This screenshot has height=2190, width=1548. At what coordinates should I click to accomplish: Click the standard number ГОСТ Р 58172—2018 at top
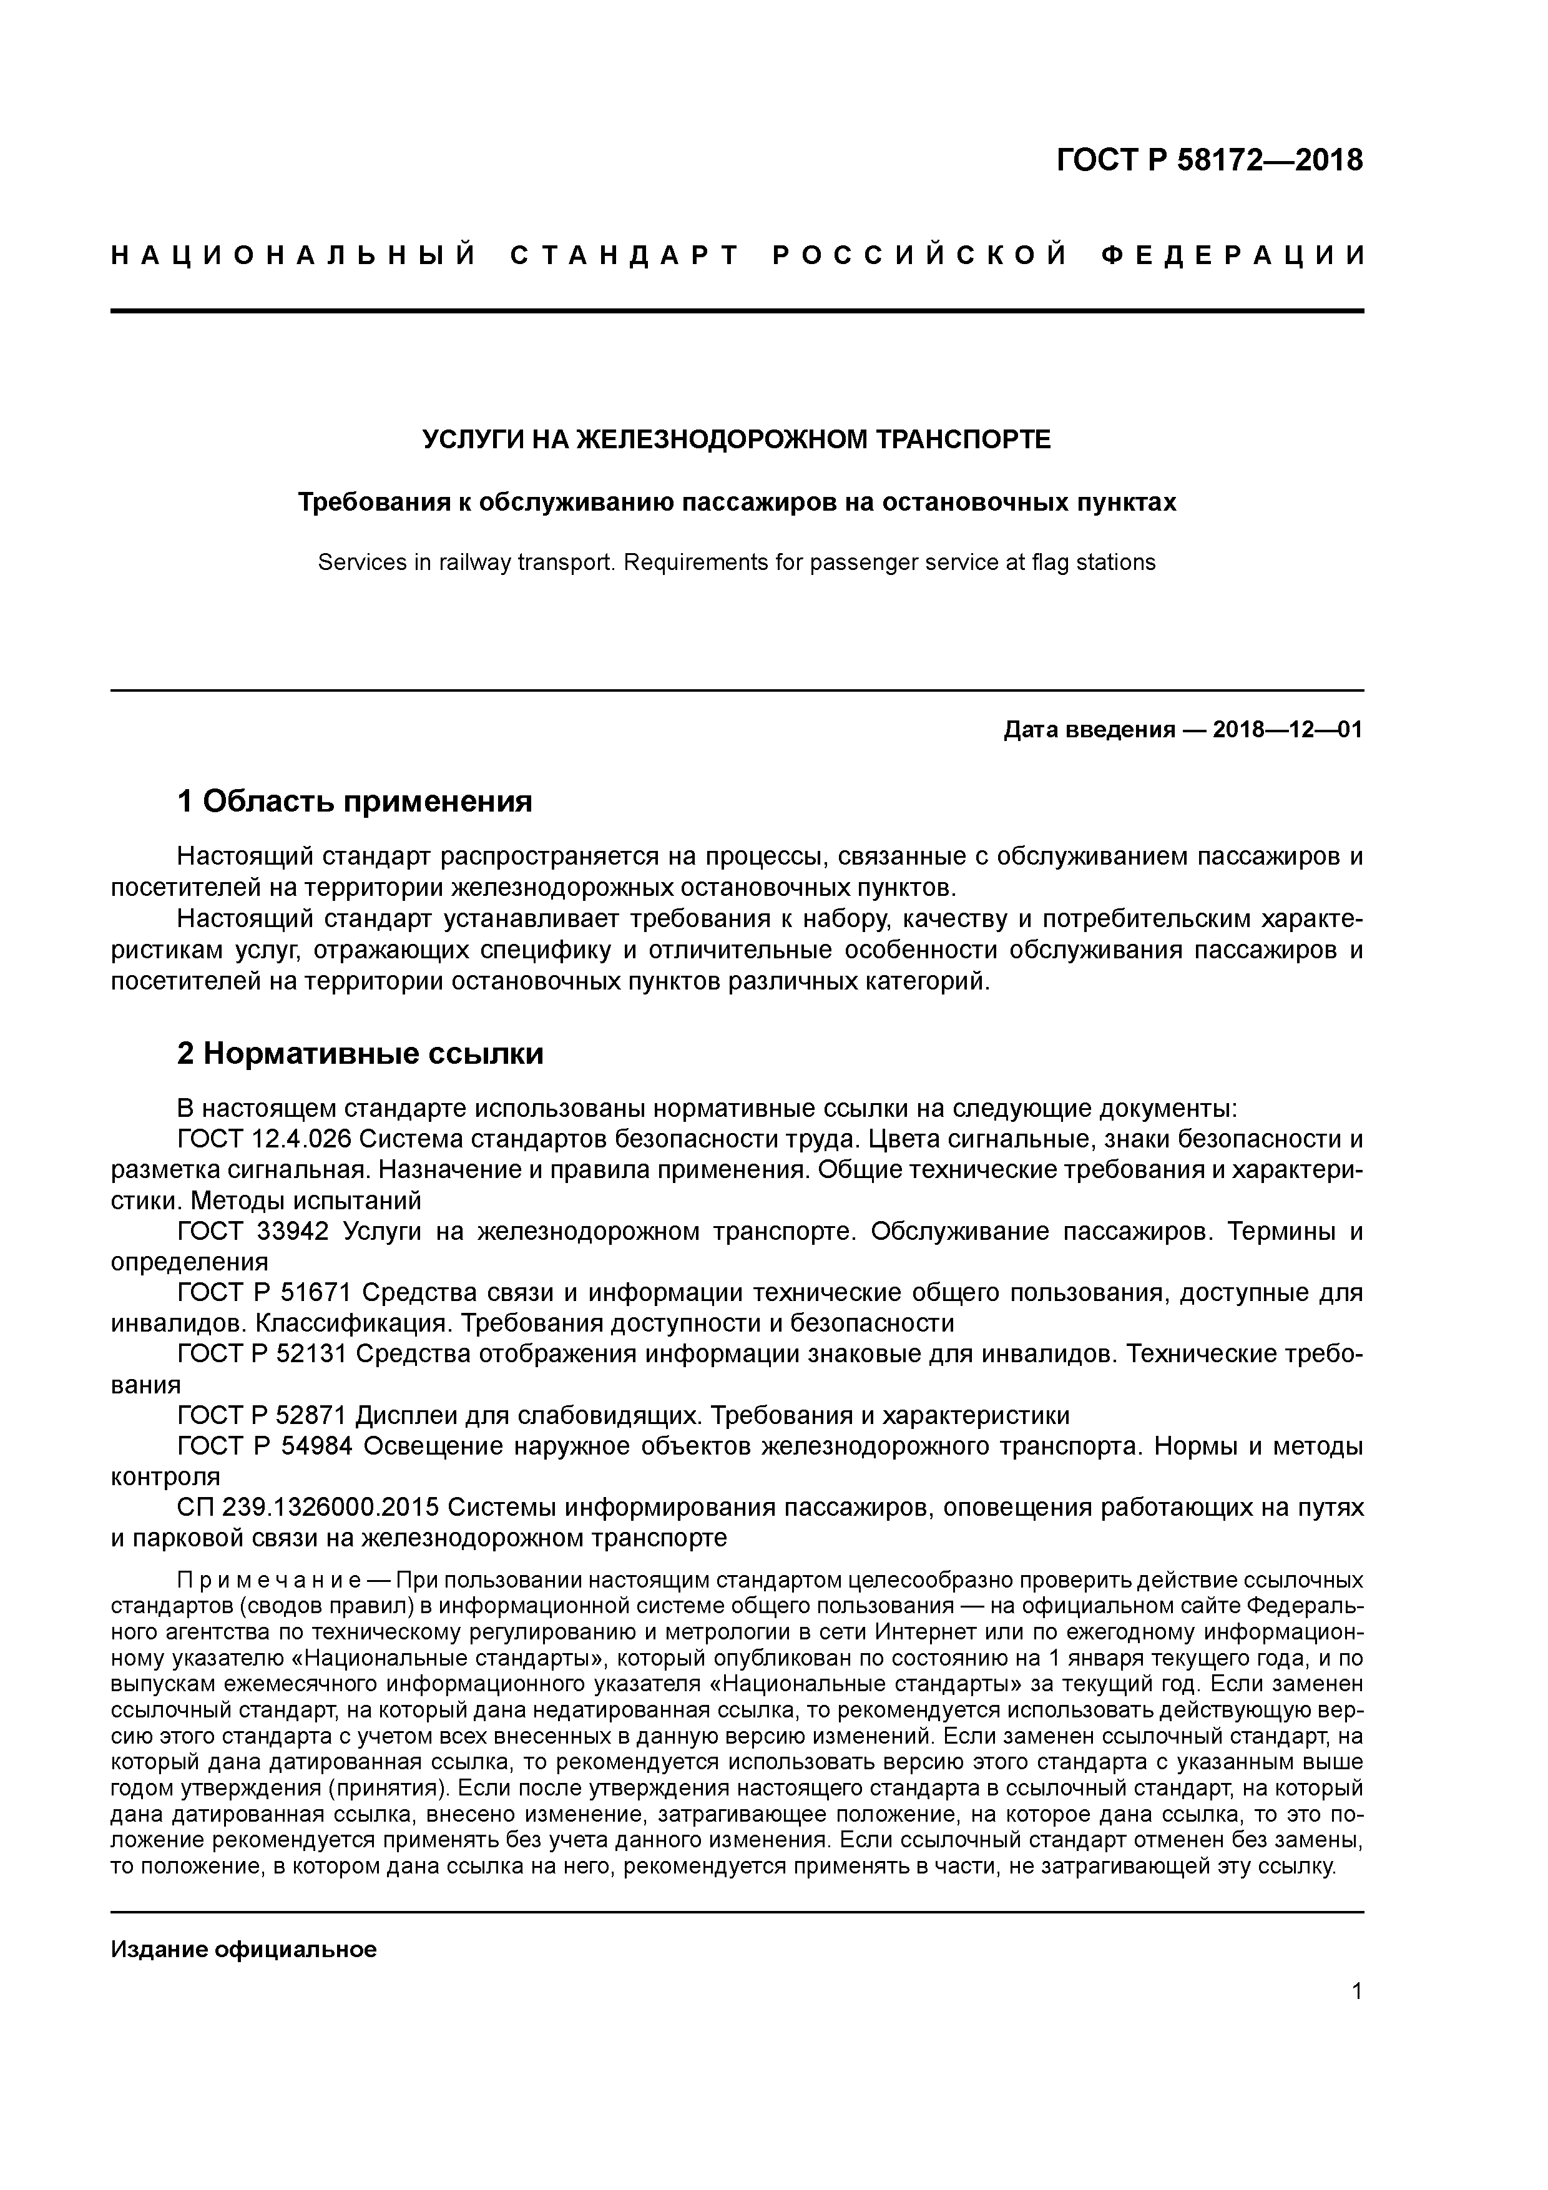click(1210, 160)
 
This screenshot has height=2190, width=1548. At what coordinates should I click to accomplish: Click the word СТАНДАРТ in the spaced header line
click(625, 255)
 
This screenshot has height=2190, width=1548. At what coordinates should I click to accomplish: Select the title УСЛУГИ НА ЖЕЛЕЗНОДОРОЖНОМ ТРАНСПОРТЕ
click(737, 439)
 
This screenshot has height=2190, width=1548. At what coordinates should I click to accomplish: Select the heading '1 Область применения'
click(355, 801)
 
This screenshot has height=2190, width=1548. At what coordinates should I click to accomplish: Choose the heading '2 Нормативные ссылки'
click(361, 1054)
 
